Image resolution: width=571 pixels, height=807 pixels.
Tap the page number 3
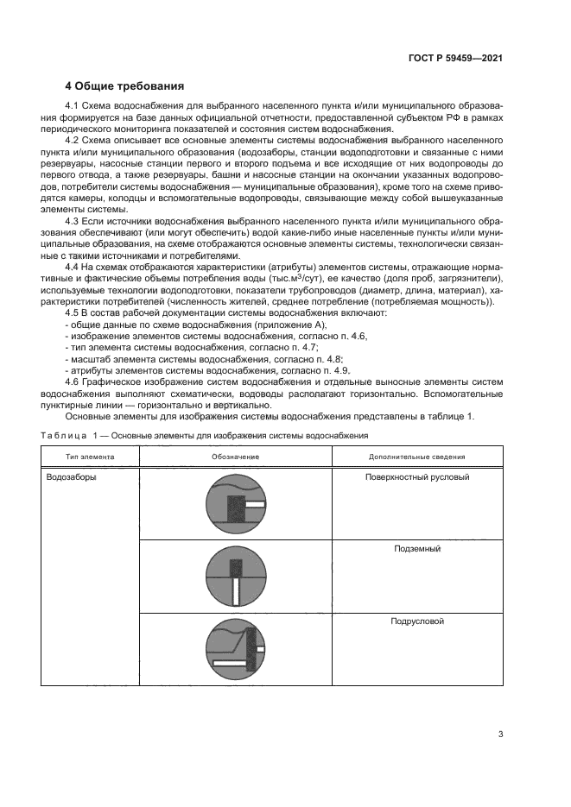500,734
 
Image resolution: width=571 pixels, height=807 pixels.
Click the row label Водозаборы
72,476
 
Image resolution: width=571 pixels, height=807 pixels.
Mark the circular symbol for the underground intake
230,576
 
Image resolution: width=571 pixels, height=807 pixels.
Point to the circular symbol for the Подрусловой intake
230,648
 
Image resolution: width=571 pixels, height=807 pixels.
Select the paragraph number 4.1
73,105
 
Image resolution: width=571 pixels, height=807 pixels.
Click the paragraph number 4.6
73,381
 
